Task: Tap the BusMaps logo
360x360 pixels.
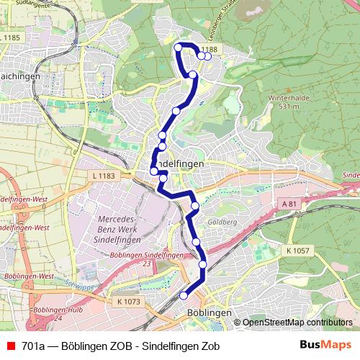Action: coord(326,344)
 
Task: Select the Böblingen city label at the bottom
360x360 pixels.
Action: coord(208,313)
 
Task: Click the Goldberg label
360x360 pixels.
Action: coord(223,222)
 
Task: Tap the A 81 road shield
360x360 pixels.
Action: coord(289,204)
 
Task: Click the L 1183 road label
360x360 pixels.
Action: coord(104,176)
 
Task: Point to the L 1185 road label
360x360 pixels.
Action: coord(11,37)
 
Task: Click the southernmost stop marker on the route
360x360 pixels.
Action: coord(184,295)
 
